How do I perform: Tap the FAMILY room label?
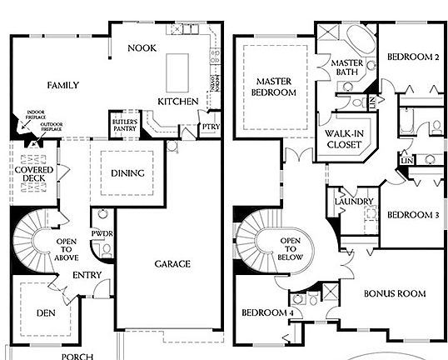point(62,86)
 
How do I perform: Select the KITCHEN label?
point(178,102)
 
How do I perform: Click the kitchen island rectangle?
point(177,72)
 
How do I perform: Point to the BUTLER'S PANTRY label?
point(124,125)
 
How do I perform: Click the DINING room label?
point(127,173)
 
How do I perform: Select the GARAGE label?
point(172,264)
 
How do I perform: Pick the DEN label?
point(47,313)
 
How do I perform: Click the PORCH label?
point(77,356)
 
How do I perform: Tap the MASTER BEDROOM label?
point(276,87)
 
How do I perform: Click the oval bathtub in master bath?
point(361,42)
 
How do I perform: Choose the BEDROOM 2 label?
point(412,57)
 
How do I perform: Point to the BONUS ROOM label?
point(394,293)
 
